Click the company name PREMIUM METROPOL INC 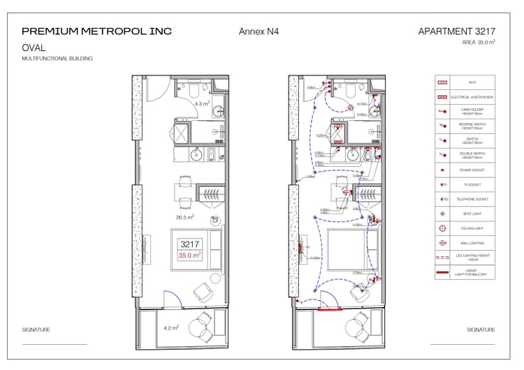(96, 31)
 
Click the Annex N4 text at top (259, 31)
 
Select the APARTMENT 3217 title (457, 31)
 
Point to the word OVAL (34, 48)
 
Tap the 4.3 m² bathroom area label (202, 104)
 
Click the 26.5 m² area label (184, 217)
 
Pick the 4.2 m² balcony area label (170, 327)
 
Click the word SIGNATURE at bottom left (36, 330)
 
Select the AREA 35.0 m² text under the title (479, 43)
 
